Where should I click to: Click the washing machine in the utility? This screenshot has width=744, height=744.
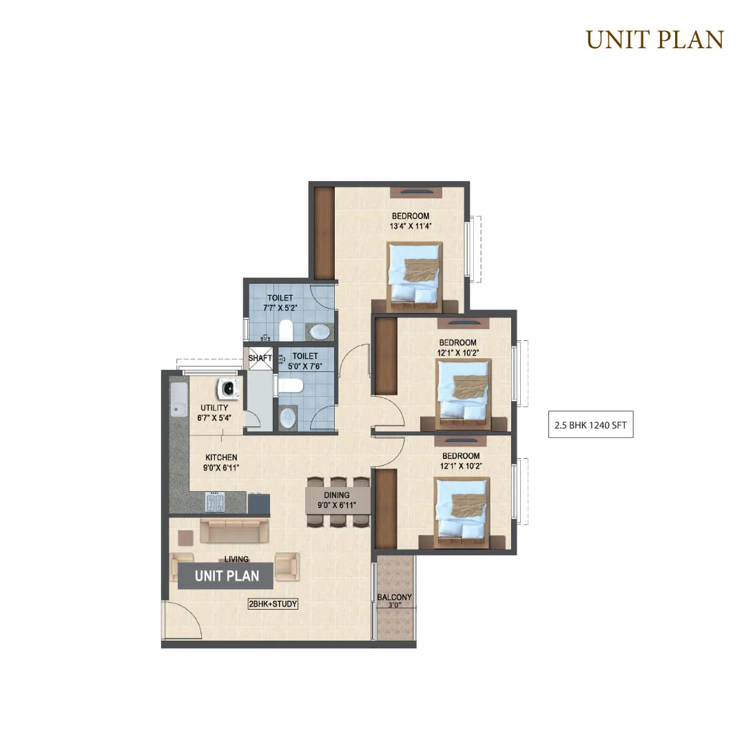tap(228, 388)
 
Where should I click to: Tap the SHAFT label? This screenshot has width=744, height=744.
tap(260, 358)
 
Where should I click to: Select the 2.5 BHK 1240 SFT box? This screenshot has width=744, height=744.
tap(591, 424)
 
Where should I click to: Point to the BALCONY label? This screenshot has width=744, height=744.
tap(394, 597)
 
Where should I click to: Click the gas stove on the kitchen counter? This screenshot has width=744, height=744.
tap(215, 502)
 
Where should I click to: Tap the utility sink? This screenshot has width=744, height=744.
tap(179, 400)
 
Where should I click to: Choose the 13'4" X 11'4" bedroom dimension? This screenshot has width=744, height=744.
tap(411, 227)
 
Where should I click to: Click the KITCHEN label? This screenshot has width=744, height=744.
tap(221, 457)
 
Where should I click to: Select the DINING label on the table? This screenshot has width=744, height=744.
tap(337, 495)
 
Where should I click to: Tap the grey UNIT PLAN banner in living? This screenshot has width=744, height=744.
tap(226, 576)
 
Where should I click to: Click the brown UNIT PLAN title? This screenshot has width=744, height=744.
tap(655, 40)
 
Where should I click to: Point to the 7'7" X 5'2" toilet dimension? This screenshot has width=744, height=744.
tap(280, 308)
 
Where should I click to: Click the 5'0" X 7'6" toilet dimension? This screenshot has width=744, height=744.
tap(304, 366)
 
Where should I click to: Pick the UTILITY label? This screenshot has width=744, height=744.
tap(214, 408)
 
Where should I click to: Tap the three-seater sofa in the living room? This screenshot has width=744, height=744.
tap(234, 530)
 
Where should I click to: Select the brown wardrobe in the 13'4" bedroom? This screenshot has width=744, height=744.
tap(325, 233)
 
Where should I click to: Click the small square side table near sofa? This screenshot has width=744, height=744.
tap(185, 537)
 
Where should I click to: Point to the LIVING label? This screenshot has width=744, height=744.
tap(236, 559)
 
